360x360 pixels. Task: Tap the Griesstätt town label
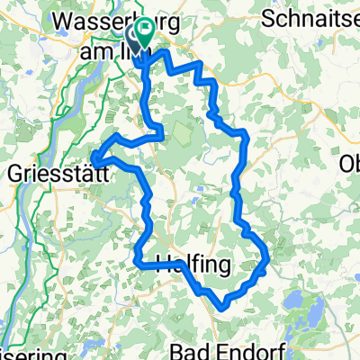(53, 173)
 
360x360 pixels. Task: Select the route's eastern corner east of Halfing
(268, 262)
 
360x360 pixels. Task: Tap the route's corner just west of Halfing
(138, 264)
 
